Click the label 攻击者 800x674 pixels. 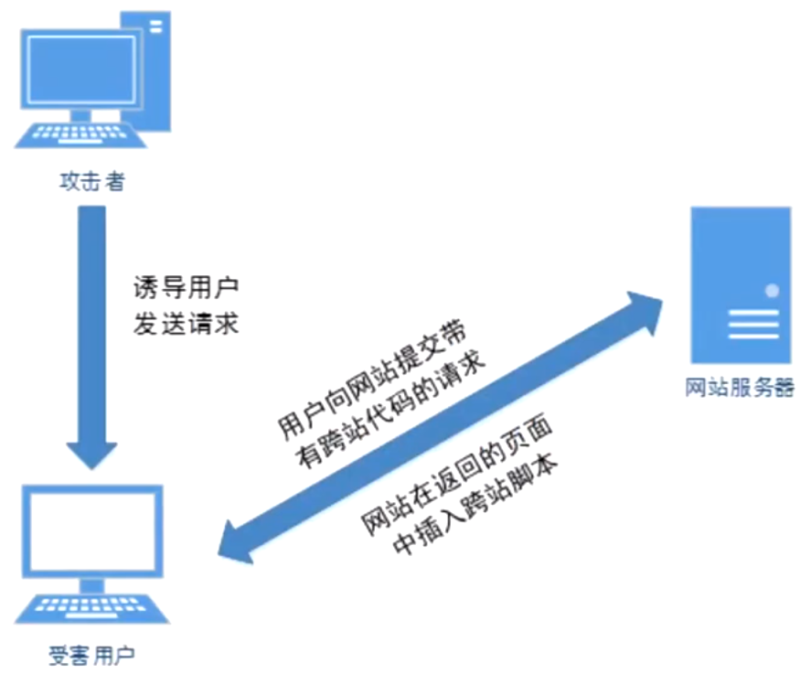91,182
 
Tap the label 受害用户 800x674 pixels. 91,655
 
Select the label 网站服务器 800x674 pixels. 740,387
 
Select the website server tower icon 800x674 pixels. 740,284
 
